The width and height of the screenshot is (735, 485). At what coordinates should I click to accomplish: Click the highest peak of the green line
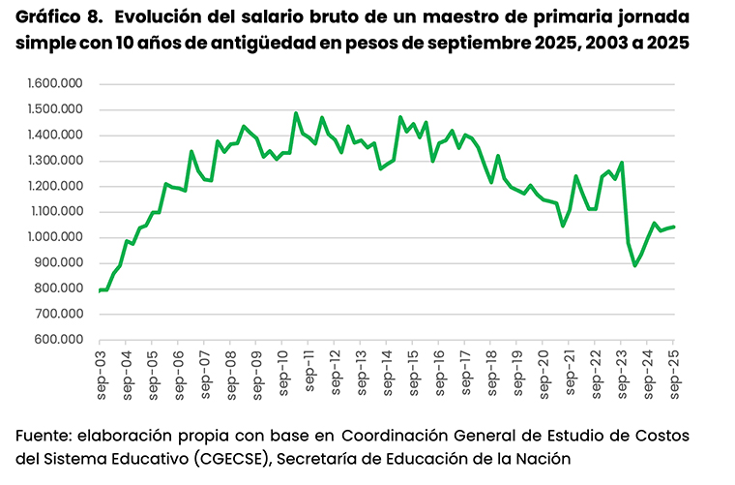point(296,113)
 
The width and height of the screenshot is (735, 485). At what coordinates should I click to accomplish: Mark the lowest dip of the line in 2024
point(635,265)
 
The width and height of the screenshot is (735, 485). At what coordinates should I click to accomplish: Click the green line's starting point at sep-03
point(100,289)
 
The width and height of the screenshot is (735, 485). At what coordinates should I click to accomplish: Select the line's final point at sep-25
point(674,227)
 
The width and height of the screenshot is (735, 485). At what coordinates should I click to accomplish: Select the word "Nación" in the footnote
point(547,458)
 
